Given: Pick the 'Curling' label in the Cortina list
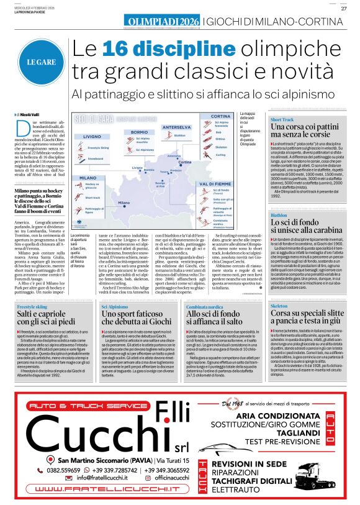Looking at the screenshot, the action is [x=221, y=155].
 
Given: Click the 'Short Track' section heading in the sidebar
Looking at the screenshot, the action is [x=282, y=119].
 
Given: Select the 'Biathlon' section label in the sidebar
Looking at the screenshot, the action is [x=279, y=215].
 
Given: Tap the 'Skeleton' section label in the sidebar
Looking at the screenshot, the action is [x=279, y=306].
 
